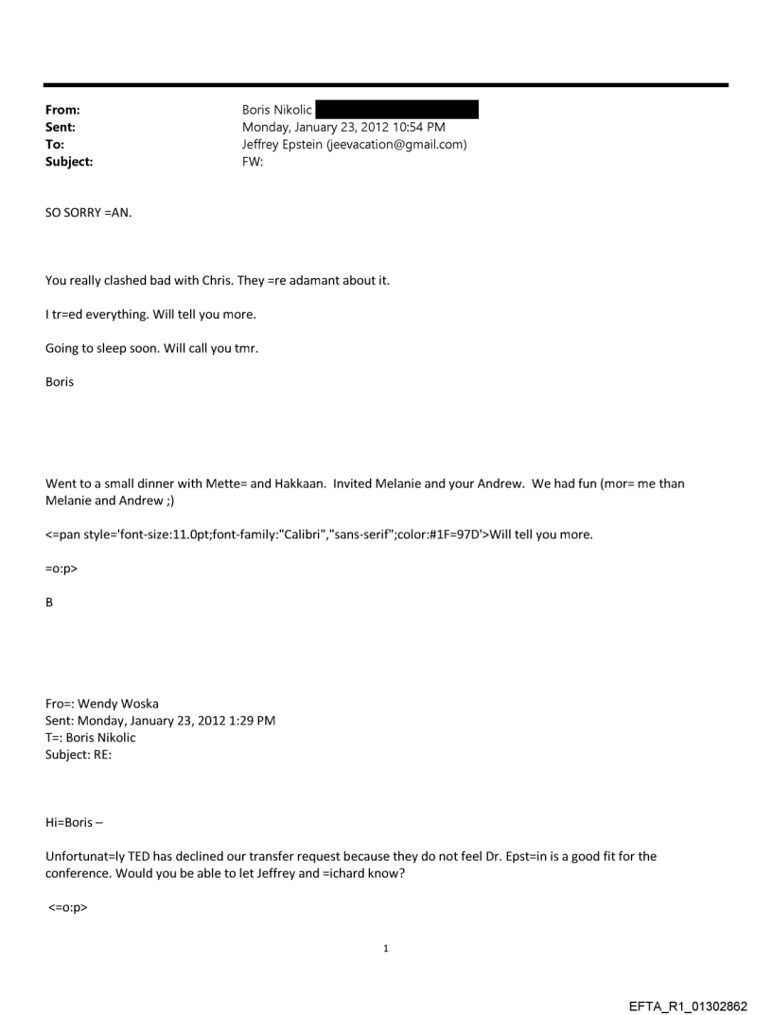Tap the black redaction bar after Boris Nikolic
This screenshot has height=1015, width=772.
coord(397,112)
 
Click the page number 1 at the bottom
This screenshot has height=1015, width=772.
coord(386,947)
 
